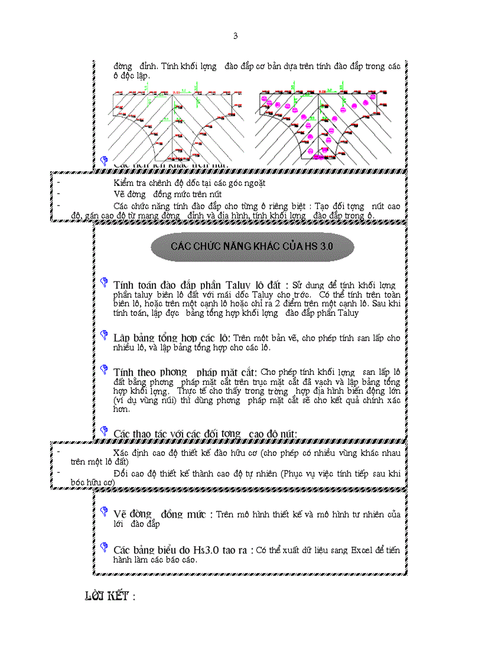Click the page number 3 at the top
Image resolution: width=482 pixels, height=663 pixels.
pyautogui.click(x=235, y=36)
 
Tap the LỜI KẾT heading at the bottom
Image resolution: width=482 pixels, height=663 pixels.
pyautogui.click(x=110, y=596)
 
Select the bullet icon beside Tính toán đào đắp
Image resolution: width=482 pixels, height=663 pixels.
pyautogui.click(x=104, y=283)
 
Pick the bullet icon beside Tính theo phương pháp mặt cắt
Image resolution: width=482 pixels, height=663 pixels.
pyautogui.click(x=104, y=371)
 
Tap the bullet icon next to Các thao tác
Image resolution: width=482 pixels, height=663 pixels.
pyautogui.click(x=104, y=432)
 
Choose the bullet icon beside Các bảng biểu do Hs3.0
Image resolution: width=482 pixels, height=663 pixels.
pyautogui.click(x=104, y=547)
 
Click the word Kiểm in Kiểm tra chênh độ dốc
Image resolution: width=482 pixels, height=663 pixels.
pyautogui.click(x=125, y=183)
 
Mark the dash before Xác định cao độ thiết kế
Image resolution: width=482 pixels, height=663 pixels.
pyautogui.click(x=58, y=451)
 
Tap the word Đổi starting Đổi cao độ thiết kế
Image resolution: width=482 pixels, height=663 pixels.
pyautogui.click(x=121, y=473)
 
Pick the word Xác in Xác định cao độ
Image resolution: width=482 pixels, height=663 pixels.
pyautogui.click(x=122, y=453)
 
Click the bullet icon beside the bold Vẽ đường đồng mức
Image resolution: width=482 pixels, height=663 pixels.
pyautogui.click(x=104, y=511)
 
